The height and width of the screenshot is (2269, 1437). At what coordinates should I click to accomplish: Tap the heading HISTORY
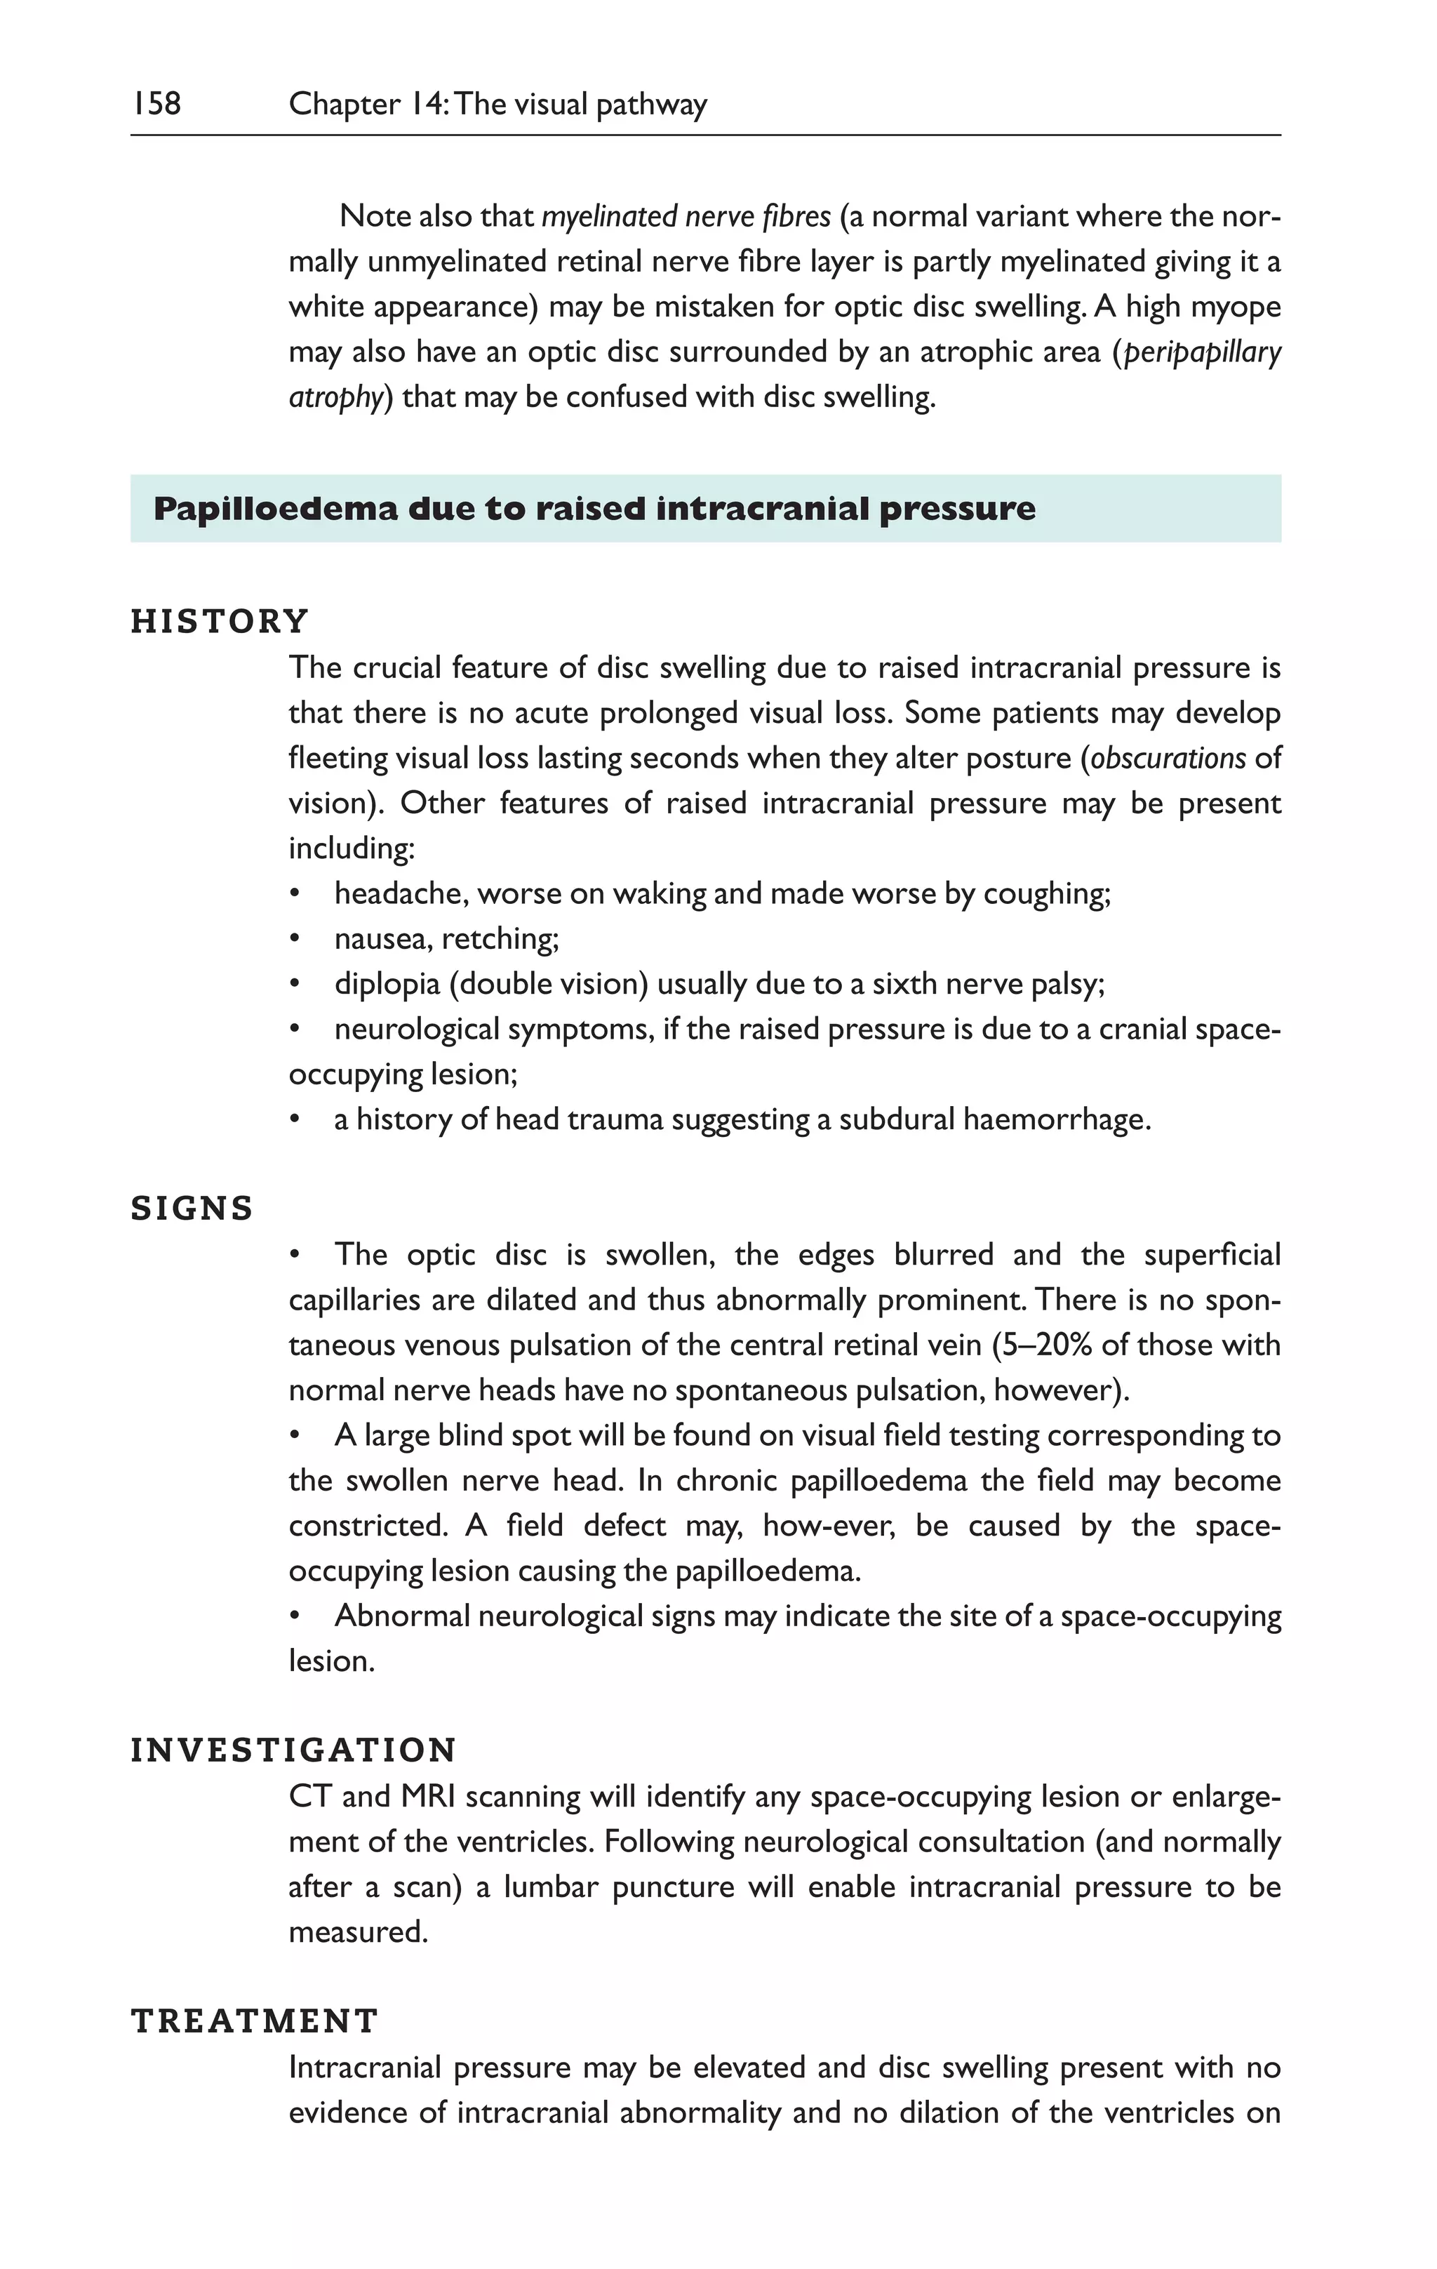pyautogui.click(x=220, y=622)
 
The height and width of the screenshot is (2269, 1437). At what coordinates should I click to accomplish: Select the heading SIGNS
pyautogui.click(x=192, y=1209)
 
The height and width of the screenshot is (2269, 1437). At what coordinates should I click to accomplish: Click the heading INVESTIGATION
pyautogui.click(x=293, y=1751)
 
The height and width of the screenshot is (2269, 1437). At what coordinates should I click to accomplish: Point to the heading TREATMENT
pyautogui.click(x=255, y=2022)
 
